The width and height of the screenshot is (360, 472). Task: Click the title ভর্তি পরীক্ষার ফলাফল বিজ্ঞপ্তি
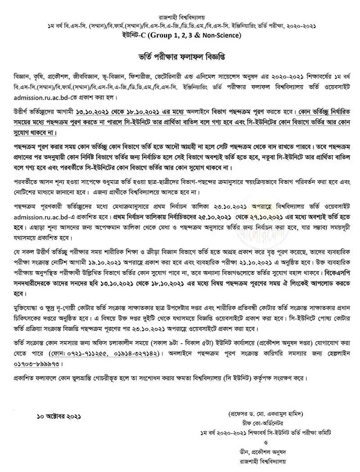coord(180,58)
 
